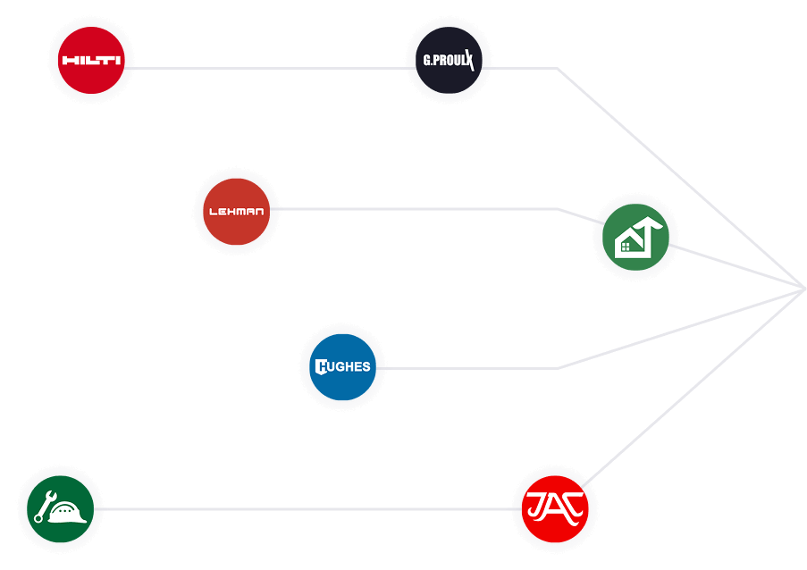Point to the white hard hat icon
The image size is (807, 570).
tap(68, 513)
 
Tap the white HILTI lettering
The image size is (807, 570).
tap(90, 62)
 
